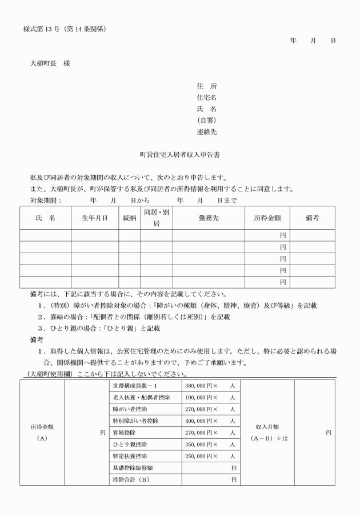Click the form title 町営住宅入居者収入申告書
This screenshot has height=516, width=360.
pyautogui.click(x=180, y=154)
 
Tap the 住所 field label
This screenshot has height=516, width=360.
pyautogui.click(x=206, y=86)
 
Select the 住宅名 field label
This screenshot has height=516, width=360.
pyautogui.click(x=206, y=98)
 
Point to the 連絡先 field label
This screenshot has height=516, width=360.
pyautogui.click(x=206, y=132)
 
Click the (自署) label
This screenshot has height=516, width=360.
pyautogui.click(x=206, y=121)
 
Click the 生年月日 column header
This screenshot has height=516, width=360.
pyautogui.click(x=94, y=218)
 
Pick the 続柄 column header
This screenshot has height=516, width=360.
pyautogui.click(x=130, y=218)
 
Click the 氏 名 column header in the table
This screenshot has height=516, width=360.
pyautogui.click(x=45, y=218)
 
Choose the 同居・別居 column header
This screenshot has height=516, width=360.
pyautogui.click(x=157, y=218)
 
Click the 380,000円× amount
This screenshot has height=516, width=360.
pyautogui.click(x=202, y=386)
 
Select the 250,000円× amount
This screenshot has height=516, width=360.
pyautogui.click(x=202, y=456)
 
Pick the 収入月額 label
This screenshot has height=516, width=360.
pyautogui.click(x=267, y=427)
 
